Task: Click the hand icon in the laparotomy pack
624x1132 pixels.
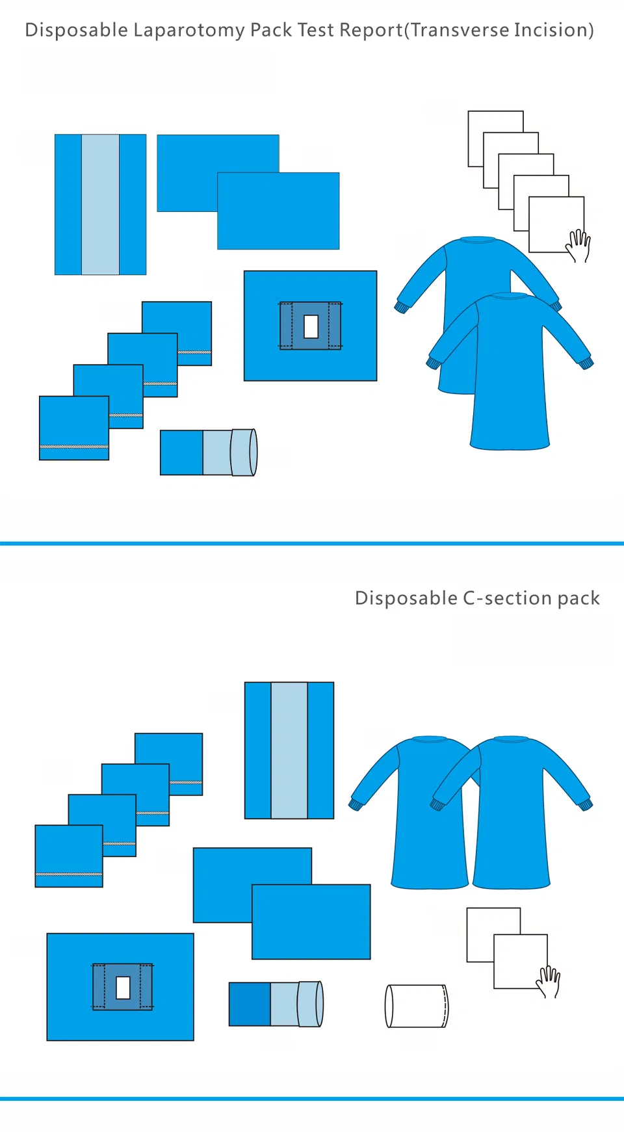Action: (x=578, y=245)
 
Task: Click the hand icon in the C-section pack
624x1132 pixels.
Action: (x=549, y=981)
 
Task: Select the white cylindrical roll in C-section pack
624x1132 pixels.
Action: (x=416, y=1006)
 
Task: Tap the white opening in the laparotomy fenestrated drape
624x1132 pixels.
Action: (x=311, y=326)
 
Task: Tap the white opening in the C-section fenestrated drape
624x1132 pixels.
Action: (x=123, y=987)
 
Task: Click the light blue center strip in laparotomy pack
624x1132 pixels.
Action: (x=100, y=204)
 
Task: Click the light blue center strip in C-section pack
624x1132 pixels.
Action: (x=289, y=750)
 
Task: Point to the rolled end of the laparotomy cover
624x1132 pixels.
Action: (x=245, y=452)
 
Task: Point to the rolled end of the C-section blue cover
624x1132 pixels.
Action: (x=311, y=1004)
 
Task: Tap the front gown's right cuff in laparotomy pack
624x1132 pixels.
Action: (x=586, y=363)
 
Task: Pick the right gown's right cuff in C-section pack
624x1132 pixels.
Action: (x=586, y=805)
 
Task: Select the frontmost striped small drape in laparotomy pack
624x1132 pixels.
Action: (x=73, y=427)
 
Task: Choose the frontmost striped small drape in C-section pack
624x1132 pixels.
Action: (x=68, y=855)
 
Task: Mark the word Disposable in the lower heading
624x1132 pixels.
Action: (x=406, y=598)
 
